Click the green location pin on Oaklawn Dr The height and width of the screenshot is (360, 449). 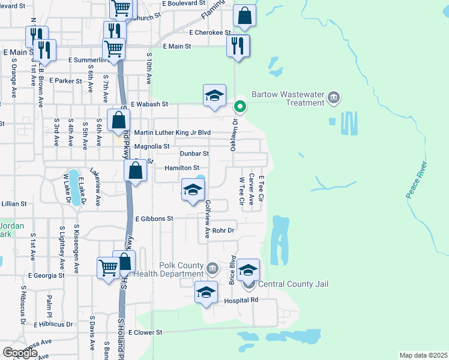[240, 107]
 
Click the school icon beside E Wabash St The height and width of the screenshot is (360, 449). [214, 96]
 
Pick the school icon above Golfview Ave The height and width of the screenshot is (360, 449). [193, 191]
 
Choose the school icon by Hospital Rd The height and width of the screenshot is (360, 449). [206, 293]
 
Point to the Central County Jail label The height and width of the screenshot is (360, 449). [292, 284]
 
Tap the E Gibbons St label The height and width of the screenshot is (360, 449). [154, 219]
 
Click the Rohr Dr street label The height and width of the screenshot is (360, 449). [223, 230]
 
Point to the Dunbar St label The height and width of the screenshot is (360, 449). [192, 154]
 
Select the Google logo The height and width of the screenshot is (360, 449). [20, 353]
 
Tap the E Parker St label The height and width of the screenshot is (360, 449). [65, 80]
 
